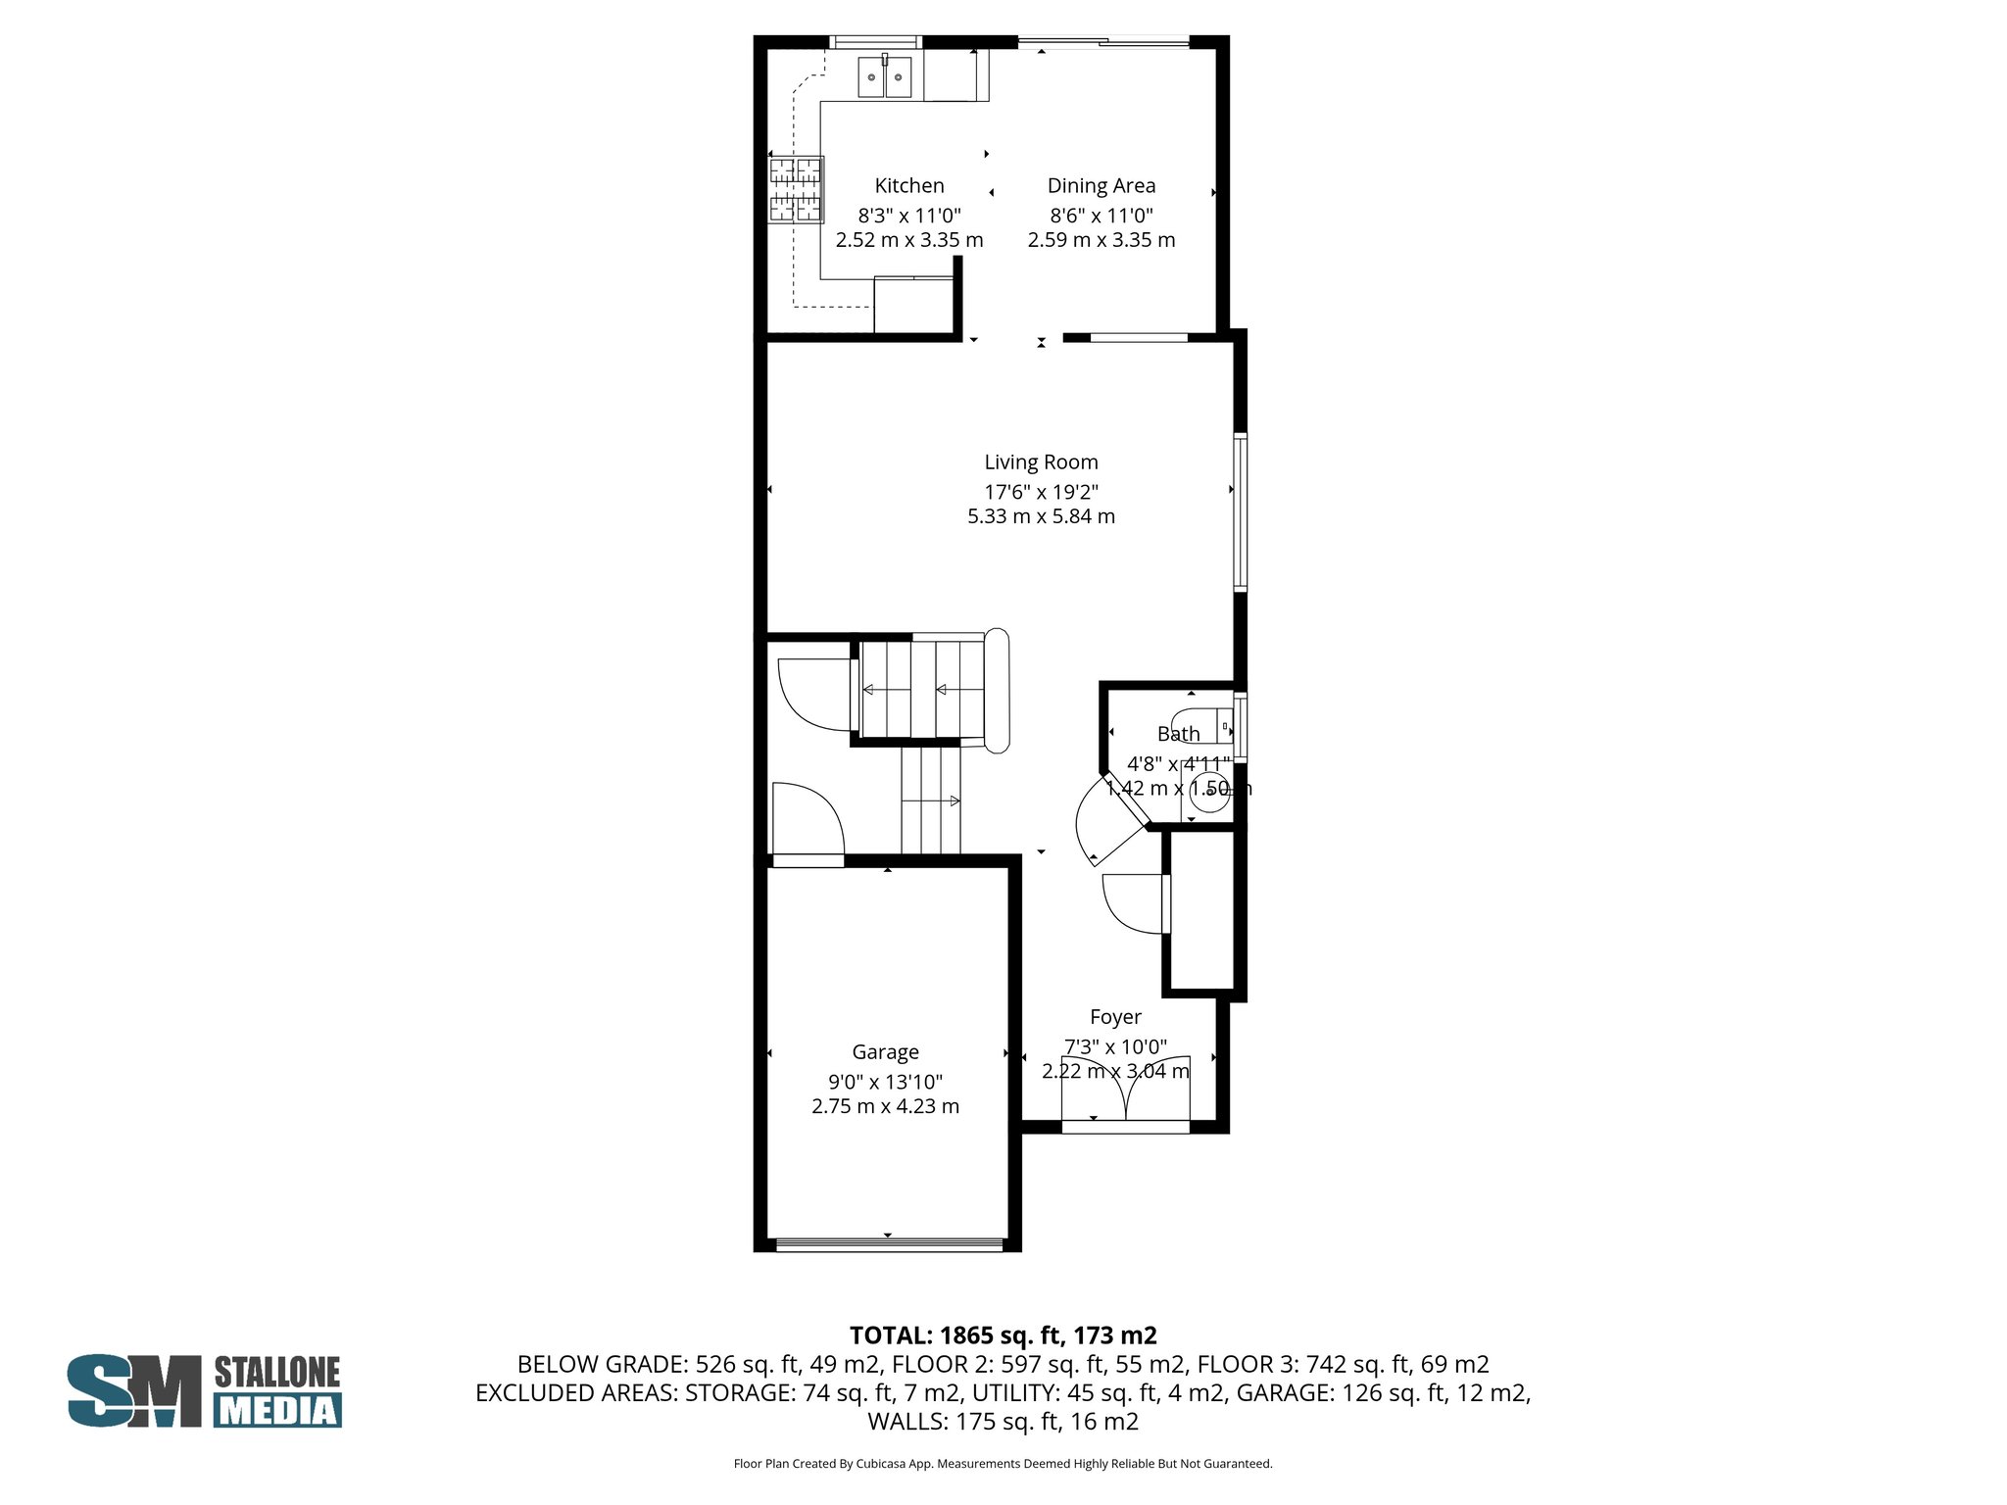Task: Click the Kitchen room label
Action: tap(908, 185)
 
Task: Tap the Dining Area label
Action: tap(1101, 185)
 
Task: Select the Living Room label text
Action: tap(1041, 461)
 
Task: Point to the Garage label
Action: tap(885, 1051)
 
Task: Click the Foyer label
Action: tap(1115, 1017)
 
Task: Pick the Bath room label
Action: tap(1178, 733)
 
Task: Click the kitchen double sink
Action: tap(885, 77)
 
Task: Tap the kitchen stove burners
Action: tap(795, 190)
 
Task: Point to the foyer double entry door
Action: tap(1126, 1090)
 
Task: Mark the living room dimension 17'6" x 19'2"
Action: tap(1041, 492)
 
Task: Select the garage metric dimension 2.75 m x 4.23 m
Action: tap(885, 1106)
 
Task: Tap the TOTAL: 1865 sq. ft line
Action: tap(1003, 1335)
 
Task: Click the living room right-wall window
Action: tap(1240, 511)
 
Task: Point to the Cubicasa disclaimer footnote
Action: tap(1003, 1464)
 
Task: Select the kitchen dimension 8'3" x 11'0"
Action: tap(908, 216)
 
